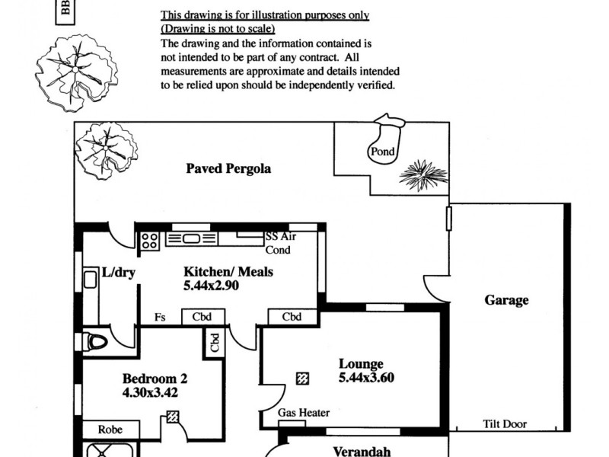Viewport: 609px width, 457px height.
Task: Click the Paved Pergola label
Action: point(228,168)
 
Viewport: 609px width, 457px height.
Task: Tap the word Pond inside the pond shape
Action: point(382,152)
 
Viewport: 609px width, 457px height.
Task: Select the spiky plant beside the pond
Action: point(423,175)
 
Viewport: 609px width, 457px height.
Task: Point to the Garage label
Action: point(506,300)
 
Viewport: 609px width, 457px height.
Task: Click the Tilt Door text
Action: point(505,424)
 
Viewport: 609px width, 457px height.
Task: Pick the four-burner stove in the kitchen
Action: point(150,241)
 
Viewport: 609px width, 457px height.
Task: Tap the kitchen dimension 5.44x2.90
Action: point(211,286)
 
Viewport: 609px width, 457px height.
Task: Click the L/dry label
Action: point(118,273)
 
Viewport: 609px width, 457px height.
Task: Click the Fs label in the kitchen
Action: point(160,318)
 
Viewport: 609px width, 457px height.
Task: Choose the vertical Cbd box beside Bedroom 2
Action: point(214,344)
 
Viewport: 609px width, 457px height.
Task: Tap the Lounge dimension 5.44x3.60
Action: point(366,378)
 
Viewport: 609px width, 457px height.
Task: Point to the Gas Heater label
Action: point(304,413)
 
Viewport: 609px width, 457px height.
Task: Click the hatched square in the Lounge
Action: point(303,378)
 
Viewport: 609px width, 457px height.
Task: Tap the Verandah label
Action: point(362,451)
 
